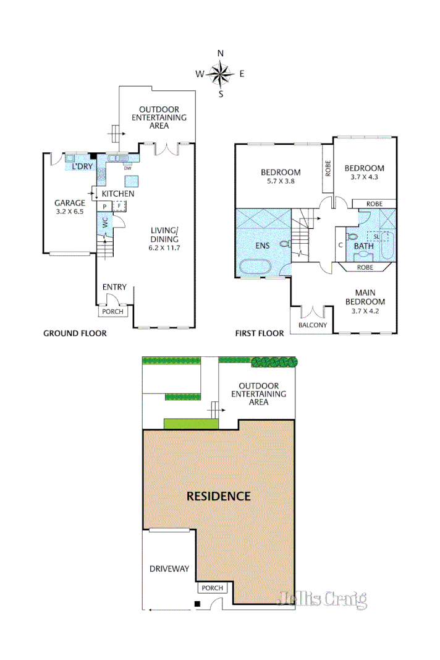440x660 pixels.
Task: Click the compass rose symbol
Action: point(220,74)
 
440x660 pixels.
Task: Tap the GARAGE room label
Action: point(69,203)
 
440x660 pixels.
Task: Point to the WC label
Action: point(104,223)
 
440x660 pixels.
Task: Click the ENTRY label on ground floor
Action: point(114,286)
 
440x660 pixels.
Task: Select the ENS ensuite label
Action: point(263,246)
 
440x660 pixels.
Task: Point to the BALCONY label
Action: point(312,324)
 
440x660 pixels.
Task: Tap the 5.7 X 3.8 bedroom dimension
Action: point(281,182)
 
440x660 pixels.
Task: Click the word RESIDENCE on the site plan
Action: point(219,496)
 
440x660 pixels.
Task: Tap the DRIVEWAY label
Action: point(169,568)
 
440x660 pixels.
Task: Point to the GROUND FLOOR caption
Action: point(75,333)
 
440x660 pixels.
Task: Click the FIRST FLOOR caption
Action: point(260,333)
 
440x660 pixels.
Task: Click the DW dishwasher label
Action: point(127,168)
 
